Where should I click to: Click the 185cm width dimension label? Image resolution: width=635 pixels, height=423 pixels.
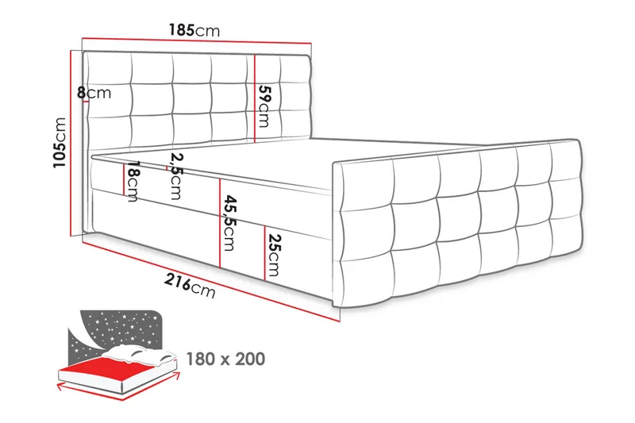[194, 31]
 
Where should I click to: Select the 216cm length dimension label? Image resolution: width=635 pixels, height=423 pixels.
[190, 286]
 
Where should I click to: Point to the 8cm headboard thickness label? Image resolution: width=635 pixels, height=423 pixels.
[94, 93]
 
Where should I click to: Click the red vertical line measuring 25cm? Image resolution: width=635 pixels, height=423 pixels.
[263, 252]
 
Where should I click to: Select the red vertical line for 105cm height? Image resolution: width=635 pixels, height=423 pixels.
[72, 143]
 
